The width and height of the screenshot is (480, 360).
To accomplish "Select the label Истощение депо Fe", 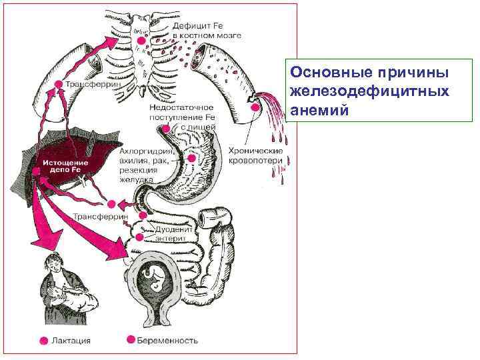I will click(61, 165).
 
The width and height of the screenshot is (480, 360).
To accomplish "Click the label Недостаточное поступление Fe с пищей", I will click(181, 117).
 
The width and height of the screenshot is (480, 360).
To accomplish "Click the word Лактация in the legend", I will click(71, 340).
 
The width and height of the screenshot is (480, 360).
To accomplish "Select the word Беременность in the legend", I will click(167, 340).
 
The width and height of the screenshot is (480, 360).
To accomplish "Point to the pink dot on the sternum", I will click(141, 41).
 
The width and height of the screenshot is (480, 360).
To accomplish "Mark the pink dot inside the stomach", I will click(192, 159).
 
